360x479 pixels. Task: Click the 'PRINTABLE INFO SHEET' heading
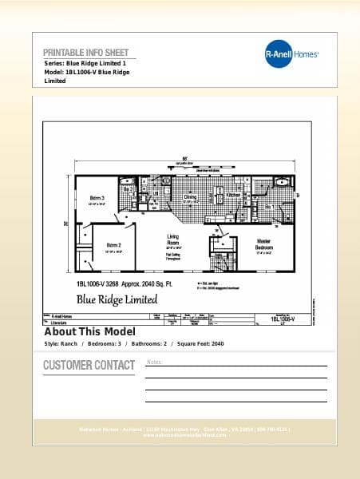(85, 53)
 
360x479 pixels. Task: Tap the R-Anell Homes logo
(291, 54)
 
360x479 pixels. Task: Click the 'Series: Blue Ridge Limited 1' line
(85, 63)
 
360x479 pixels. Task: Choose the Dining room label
(190, 196)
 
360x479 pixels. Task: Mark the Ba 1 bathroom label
(269, 207)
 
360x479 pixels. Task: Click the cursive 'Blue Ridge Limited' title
(117, 299)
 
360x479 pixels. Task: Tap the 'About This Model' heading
(89, 331)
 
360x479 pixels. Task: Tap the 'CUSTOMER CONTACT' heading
(89, 366)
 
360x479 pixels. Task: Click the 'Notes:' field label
(155, 362)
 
